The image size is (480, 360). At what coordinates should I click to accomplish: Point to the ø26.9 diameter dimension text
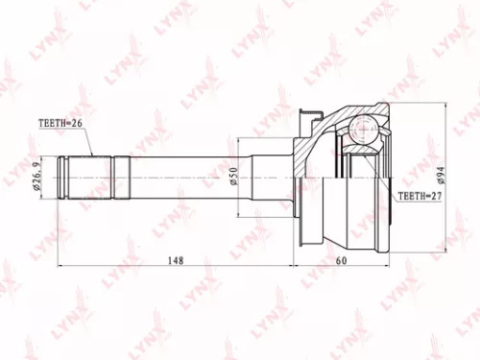click(x=36, y=175)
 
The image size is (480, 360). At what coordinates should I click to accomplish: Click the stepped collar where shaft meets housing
click(x=274, y=175)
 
